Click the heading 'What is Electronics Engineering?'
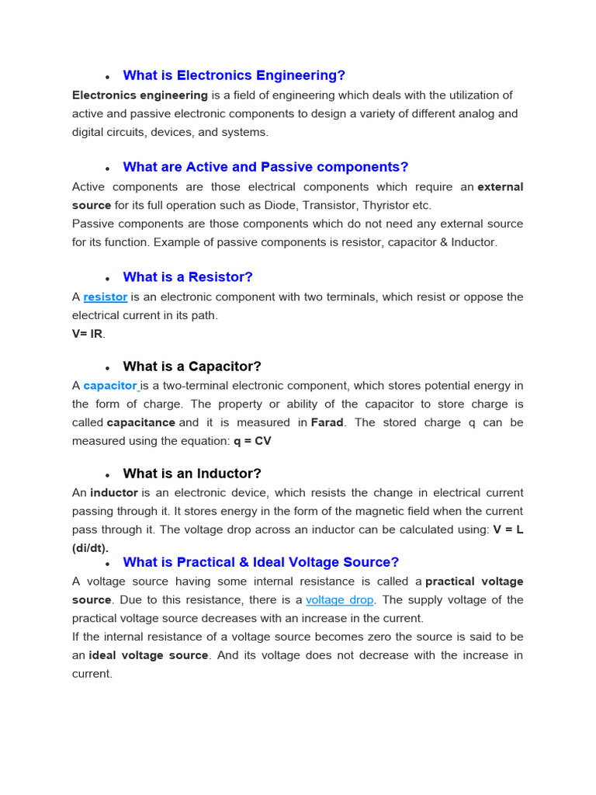click(234, 75)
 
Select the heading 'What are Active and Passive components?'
click(265, 167)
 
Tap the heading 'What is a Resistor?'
click(188, 277)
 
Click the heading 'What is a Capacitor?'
click(192, 366)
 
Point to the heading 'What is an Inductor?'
click(192, 474)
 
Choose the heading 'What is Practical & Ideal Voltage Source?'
click(261, 562)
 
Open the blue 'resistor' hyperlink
click(106, 297)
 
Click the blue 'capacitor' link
click(110, 386)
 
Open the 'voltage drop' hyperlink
click(340, 600)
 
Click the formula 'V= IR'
click(88, 334)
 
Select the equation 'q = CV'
click(252, 441)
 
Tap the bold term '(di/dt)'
click(91, 547)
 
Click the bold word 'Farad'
click(327, 422)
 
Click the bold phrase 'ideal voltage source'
click(148, 655)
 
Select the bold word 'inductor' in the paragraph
click(114, 493)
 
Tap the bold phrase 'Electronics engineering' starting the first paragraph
click(140, 95)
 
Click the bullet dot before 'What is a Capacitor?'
click(107, 368)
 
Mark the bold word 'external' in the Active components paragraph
click(501, 187)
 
